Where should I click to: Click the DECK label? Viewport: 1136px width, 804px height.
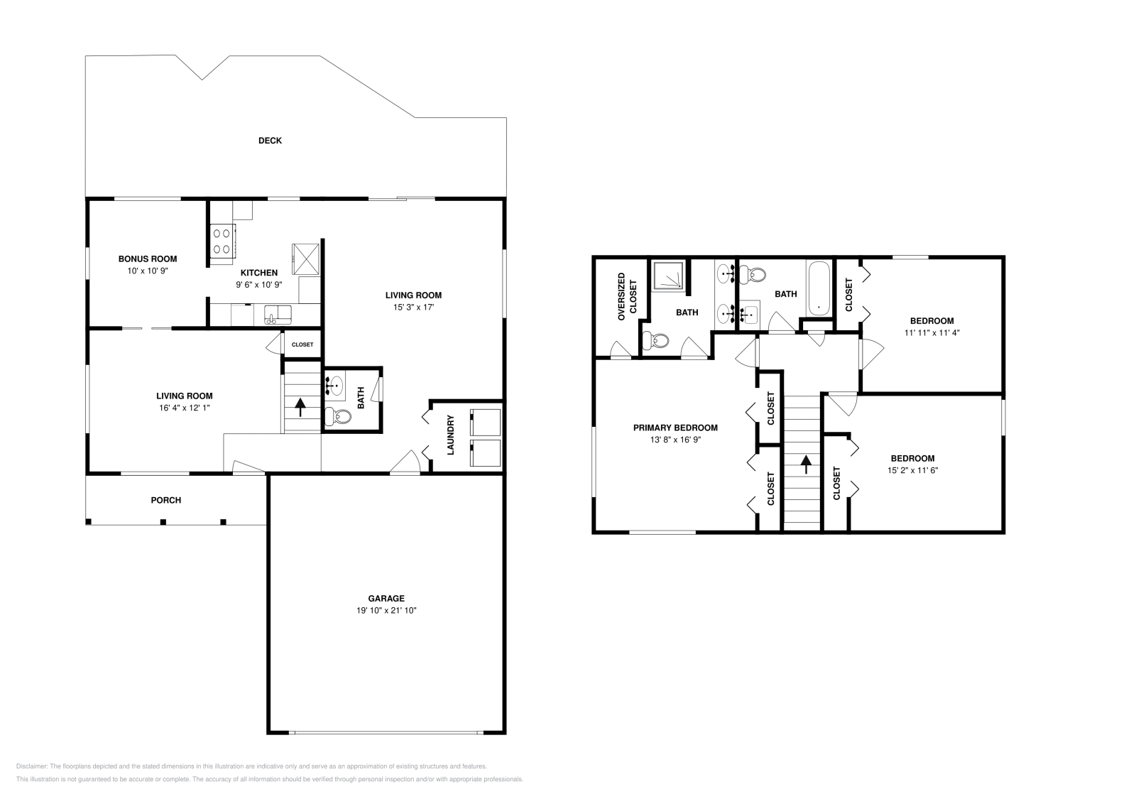[x=270, y=141]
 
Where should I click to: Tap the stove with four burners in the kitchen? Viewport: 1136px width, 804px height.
[x=222, y=239]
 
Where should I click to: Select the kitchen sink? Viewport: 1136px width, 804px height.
[x=275, y=313]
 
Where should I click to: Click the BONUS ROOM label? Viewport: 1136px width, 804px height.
[x=148, y=259]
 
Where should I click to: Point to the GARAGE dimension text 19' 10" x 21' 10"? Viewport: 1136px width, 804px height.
[x=386, y=610]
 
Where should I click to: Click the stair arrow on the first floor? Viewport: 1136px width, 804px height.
[x=300, y=407]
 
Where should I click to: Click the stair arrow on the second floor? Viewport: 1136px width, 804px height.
[x=806, y=465]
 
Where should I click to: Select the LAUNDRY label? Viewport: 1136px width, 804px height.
[x=451, y=435]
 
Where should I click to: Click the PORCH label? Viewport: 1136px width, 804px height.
[x=166, y=500]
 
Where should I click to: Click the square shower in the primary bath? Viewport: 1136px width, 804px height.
[x=670, y=276]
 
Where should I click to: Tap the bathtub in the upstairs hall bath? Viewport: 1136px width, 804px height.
[x=819, y=288]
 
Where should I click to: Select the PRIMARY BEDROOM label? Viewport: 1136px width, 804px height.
[x=675, y=428]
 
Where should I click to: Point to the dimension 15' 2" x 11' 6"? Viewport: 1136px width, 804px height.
[x=912, y=470]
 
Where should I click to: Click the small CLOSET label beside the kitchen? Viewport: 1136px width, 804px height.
[x=302, y=344]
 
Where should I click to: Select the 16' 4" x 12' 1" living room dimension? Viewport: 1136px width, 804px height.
[x=185, y=408]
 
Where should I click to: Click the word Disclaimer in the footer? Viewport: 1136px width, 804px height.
[x=31, y=766]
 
